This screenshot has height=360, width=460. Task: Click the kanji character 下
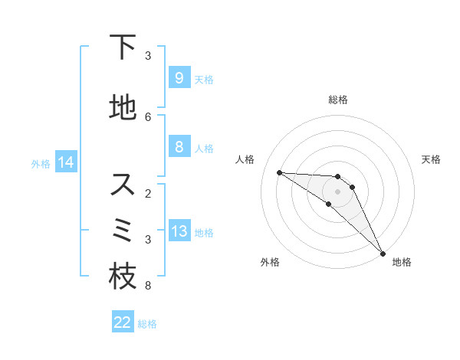pos(123,47)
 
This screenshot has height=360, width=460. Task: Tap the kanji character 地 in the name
pos(123,108)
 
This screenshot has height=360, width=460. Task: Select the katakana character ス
pos(123,185)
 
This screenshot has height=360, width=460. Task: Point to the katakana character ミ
pos(123,230)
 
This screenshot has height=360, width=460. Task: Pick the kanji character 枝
pos(123,277)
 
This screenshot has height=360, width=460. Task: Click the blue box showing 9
pos(179,78)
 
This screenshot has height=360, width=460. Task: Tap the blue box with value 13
pos(179,231)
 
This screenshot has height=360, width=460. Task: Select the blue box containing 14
pos(65,162)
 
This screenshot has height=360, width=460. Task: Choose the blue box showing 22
pos(123,322)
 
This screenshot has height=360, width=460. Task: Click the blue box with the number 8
pos(179,147)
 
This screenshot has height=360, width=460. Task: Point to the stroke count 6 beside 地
pos(148,116)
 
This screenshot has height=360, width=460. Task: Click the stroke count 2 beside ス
pos(148,193)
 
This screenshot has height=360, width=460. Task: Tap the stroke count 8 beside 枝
pos(148,286)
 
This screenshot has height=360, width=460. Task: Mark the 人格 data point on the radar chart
pos(279,172)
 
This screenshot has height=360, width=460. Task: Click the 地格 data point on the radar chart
pos(383,253)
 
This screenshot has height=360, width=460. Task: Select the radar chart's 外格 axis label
pos(270,262)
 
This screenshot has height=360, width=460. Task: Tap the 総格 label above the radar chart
pos(337,100)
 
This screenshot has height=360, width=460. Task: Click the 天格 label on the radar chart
pos(432,159)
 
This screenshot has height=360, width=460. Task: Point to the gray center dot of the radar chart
pos(337,191)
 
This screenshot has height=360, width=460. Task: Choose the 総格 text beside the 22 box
pos(147,324)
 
